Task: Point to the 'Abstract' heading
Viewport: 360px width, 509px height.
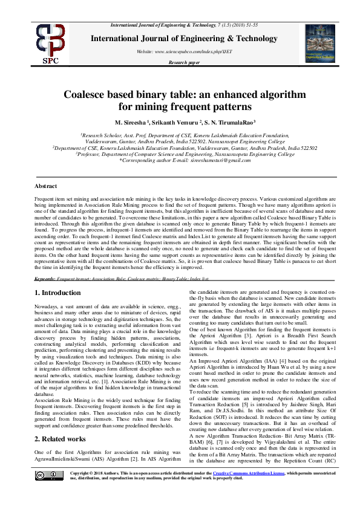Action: coord(46,187)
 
